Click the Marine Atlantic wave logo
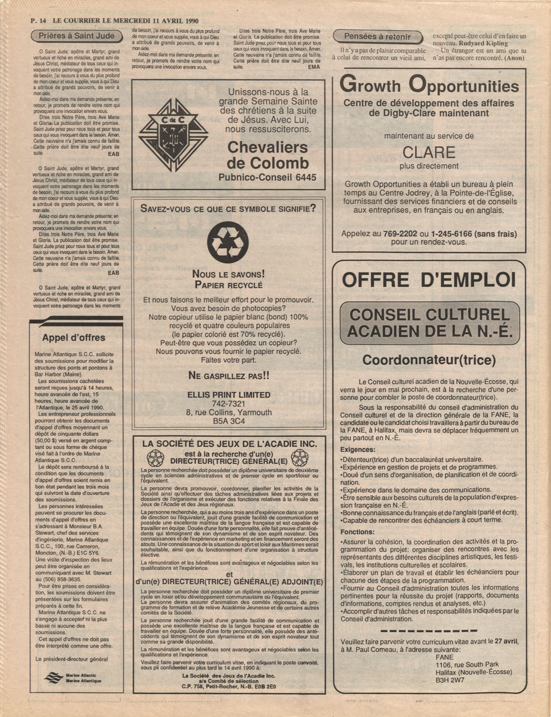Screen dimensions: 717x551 53,678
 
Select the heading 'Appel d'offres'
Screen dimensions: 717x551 73,338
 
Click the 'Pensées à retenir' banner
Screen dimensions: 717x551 377,36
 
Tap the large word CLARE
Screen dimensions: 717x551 429,152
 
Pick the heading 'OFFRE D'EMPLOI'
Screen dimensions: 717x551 429,280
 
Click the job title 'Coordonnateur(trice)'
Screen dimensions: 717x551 429,360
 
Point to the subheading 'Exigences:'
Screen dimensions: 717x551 357,449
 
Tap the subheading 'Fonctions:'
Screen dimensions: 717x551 357,532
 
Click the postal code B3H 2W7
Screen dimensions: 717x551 449,680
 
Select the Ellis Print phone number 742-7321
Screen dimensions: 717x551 228,404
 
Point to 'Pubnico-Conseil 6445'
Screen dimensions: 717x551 267,177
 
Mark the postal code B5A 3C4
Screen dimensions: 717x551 228,421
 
